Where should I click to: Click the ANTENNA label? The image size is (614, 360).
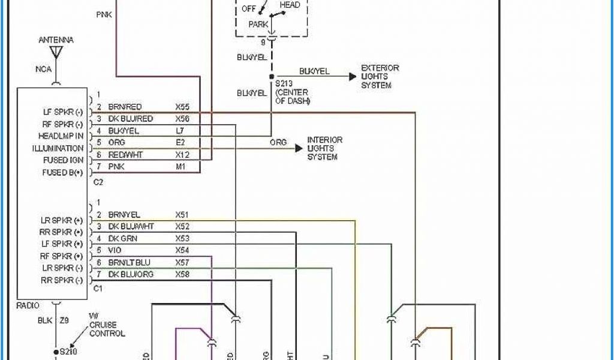[56, 40]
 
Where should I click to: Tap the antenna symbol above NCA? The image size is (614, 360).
[56, 53]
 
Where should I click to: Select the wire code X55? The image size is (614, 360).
[182, 107]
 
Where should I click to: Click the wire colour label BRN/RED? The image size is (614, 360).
[125, 107]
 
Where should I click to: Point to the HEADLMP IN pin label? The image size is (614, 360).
[61, 136]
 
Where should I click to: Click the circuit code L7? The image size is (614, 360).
[180, 130]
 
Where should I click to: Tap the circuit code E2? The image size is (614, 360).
[180, 142]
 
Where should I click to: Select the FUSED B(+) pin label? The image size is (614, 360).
[62, 173]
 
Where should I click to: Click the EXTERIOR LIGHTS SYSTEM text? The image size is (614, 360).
[380, 77]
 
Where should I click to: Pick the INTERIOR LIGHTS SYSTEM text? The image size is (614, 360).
[325, 148]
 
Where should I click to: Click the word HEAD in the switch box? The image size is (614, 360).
[290, 5]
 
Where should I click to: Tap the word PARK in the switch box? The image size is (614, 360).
[258, 25]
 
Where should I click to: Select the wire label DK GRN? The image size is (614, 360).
[122, 238]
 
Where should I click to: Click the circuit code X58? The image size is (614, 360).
[182, 274]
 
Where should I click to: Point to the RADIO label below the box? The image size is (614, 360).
[28, 305]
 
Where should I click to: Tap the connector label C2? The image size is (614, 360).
[99, 181]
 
